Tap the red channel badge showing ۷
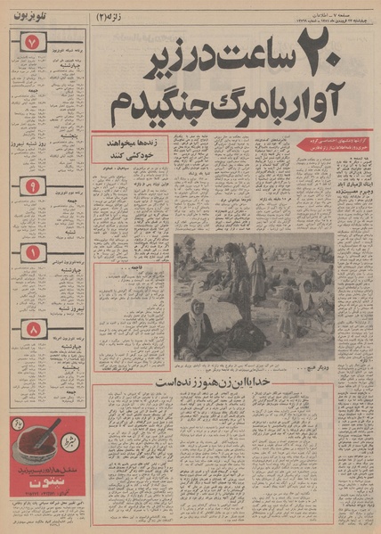coord(32,43)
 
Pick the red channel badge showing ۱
coord(32,253)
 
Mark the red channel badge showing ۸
coord(32,329)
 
